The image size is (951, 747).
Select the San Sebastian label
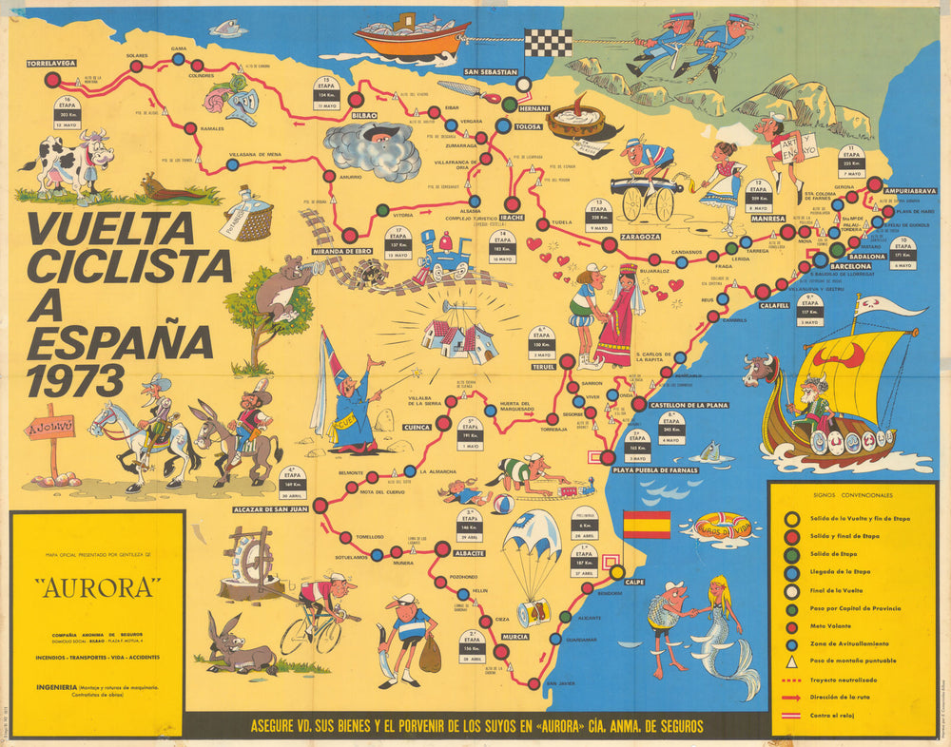491,72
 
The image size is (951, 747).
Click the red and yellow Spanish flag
646,525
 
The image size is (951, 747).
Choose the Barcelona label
851,266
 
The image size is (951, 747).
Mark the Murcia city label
515,636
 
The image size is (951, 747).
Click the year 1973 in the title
76,380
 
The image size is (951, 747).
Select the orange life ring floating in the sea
723,526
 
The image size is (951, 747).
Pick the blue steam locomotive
445,256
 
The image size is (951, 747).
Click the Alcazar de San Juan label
271,509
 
